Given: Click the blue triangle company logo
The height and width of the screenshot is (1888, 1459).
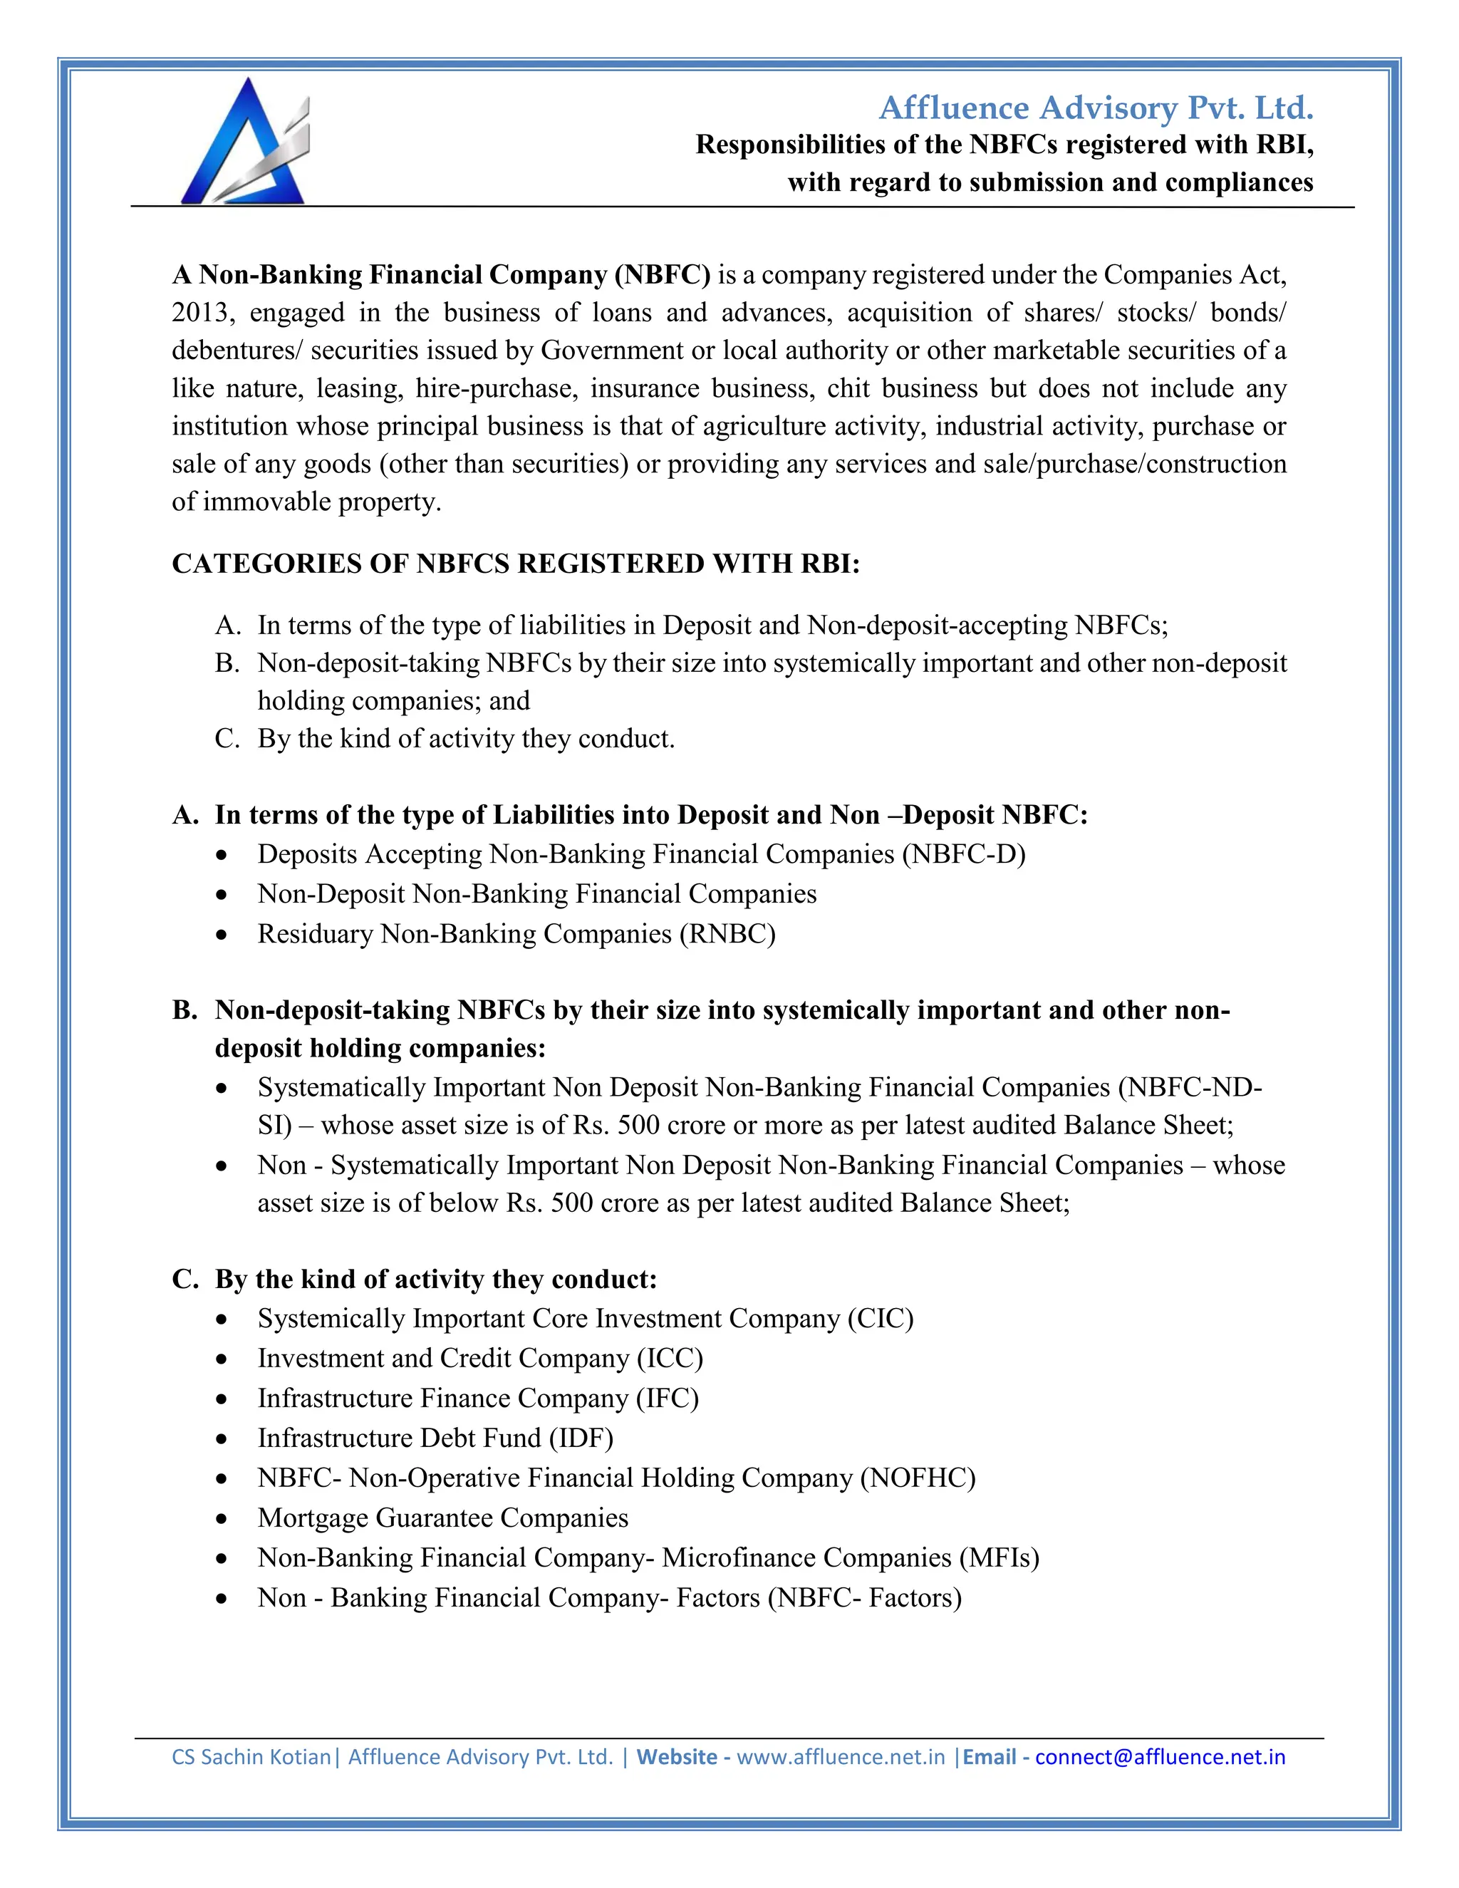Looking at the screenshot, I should point(244,142).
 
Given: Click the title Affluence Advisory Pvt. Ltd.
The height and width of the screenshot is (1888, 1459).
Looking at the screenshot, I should point(1095,108).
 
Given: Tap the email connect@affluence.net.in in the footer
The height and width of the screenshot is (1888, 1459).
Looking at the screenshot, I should point(1160,1757).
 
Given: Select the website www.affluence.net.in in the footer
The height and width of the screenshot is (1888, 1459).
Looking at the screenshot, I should point(840,1757).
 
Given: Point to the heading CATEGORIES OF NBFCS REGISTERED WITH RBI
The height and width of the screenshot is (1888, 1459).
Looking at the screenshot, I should point(516,564).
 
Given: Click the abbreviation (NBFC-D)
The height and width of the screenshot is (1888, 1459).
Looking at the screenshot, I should point(964,854).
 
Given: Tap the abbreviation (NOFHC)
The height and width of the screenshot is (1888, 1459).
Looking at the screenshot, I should point(917,1478).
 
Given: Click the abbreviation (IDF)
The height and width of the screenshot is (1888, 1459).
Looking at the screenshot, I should point(581,1438).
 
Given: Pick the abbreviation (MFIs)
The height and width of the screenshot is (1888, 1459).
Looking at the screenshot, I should point(998,1557).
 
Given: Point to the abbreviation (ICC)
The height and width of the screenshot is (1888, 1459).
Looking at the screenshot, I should point(670,1358).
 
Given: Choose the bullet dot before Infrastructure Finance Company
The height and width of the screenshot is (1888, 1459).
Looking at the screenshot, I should point(222,1399).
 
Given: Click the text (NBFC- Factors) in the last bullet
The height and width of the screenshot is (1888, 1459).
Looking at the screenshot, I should point(864,1597).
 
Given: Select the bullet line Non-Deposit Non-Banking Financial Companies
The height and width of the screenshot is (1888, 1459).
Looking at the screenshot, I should point(536,894).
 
